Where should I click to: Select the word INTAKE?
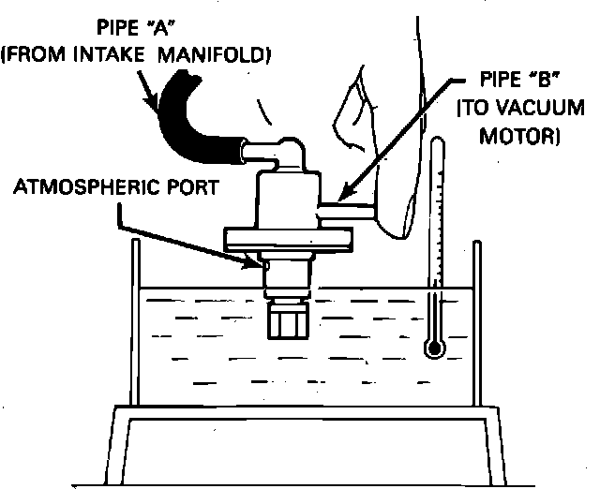point(116,56)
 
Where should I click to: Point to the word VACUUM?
point(522,112)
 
